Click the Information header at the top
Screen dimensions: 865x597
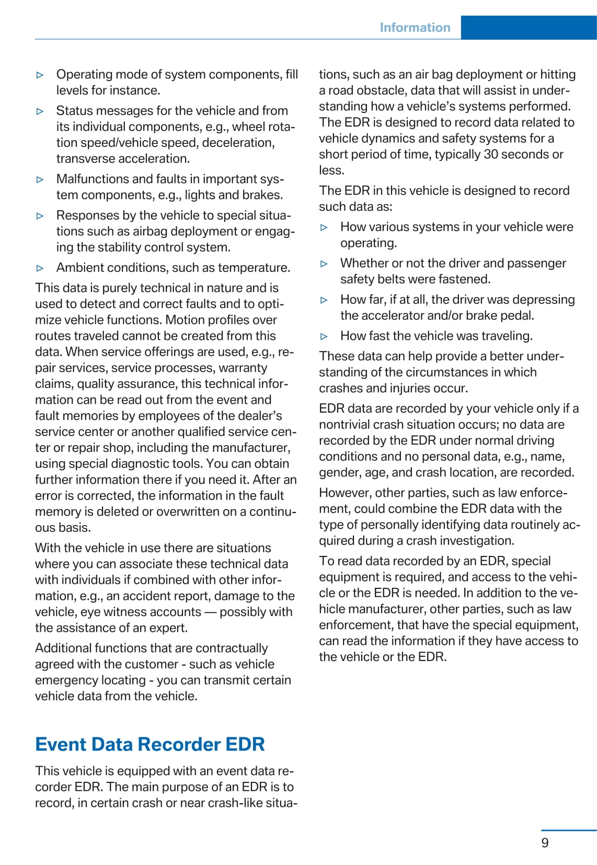click(415, 28)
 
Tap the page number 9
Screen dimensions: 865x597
click(545, 843)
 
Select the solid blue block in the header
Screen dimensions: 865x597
click(529, 28)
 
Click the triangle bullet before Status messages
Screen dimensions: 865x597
click(40, 111)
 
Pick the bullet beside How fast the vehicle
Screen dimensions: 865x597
click(324, 336)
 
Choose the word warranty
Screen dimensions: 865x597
click(243, 368)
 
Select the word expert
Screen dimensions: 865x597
click(167, 628)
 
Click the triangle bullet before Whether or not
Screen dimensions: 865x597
click(324, 264)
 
